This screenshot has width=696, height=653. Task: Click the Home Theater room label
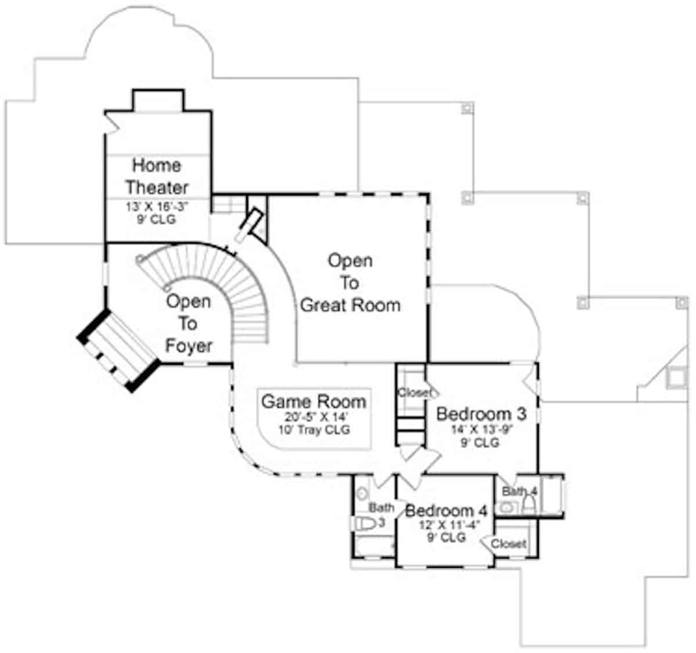click(157, 176)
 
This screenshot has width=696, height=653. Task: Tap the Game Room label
click(313, 401)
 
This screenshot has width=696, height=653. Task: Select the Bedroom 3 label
click(481, 414)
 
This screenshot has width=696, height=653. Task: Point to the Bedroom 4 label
click(446, 511)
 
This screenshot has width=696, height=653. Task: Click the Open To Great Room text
click(350, 283)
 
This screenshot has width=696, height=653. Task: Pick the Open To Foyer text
click(188, 324)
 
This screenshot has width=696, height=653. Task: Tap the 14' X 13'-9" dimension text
click(483, 430)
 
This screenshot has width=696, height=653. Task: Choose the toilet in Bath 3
click(364, 524)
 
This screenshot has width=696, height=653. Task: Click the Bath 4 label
click(520, 492)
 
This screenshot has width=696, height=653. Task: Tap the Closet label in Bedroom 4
click(509, 544)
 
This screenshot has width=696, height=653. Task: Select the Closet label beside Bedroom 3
click(414, 393)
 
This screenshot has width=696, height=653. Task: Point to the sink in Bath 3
click(362, 494)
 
